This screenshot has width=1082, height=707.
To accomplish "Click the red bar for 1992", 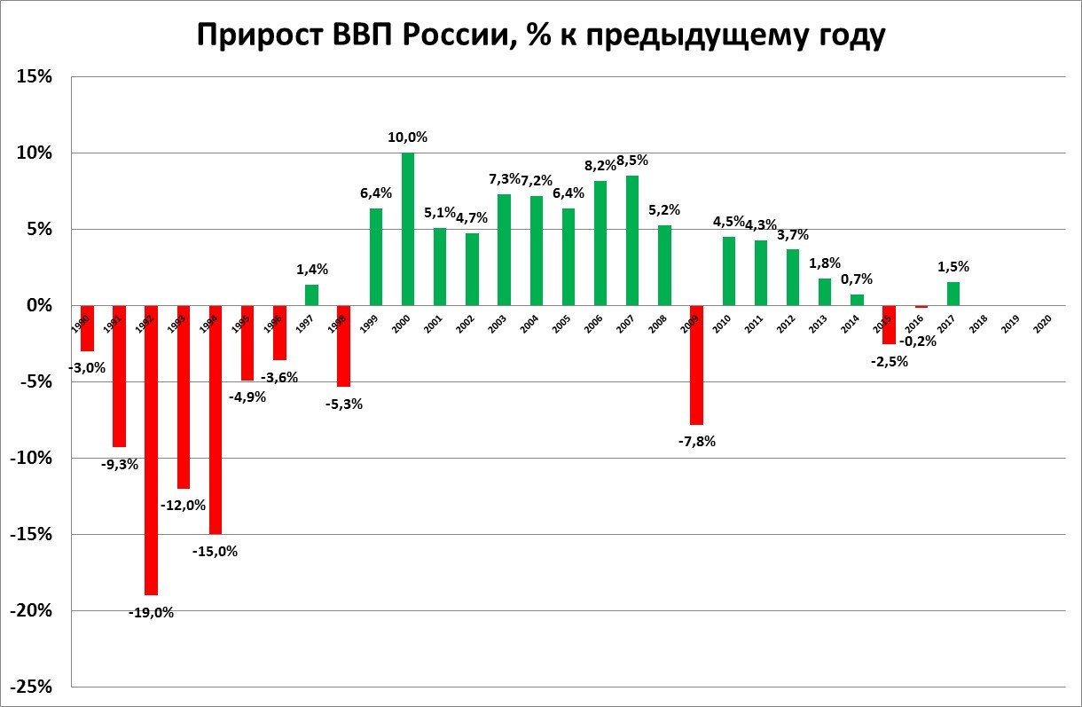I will tap(151, 450).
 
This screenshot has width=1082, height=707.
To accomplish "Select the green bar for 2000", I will tap(408, 229).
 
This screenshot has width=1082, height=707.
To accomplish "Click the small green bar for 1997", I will tap(311, 295).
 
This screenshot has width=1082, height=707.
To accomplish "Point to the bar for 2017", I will tap(953, 294).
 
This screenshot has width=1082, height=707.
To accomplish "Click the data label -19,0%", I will tap(151, 612).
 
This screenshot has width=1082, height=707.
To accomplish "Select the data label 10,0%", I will tap(408, 137).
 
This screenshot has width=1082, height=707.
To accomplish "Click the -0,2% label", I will tap(920, 341).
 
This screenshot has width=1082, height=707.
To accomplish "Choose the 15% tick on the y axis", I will tap(35, 77).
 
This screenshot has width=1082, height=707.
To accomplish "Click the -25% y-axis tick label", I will tap(31, 687).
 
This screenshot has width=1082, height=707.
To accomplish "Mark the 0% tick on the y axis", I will tap(39, 306).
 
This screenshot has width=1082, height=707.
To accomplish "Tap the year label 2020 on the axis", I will tap(1043, 324).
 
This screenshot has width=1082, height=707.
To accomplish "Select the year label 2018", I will tap(978, 324).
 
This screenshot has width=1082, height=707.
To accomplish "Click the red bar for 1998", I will tap(343, 346).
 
